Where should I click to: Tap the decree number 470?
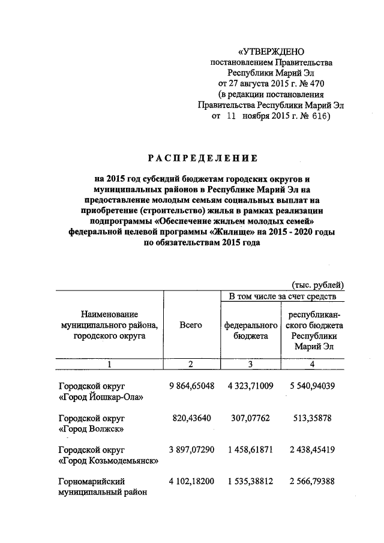(316, 83)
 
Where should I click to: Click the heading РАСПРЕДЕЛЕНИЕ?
(202, 158)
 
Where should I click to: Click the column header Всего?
(191, 325)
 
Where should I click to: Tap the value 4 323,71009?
(250, 385)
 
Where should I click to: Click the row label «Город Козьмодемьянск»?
(108, 461)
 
